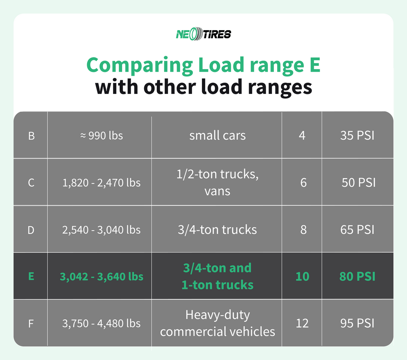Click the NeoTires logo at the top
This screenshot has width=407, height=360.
pyautogui.click(x=203, y=34)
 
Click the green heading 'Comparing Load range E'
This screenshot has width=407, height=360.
pyautogui.click(x=203, y=65)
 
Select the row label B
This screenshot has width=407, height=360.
pyautogui.click(x=31, y=135)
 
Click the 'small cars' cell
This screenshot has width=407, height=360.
pyautogui.click(x=217, y=135)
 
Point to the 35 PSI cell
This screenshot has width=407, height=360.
pyautogui.click(x=357, y=135)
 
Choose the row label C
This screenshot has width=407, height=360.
pyautogui.click(x=31, y=183)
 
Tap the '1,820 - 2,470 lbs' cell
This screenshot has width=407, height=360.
pyautogui.click(x=101, y=183)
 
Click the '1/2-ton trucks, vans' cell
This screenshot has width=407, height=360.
pyautogui.click(x=217, y=182)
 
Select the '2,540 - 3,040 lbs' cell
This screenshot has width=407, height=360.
pyautogui.click(x=101, y=230)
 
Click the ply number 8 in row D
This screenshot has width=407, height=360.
pyautogui.click(x=303, y=230)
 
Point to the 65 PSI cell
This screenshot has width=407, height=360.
pyautogui.click(x=357, y=230)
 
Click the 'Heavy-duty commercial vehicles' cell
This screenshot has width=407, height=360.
pyautogui.click(x=217, y=323)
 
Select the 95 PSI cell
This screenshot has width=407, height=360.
pyautogui.click(x=357, y=324)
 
